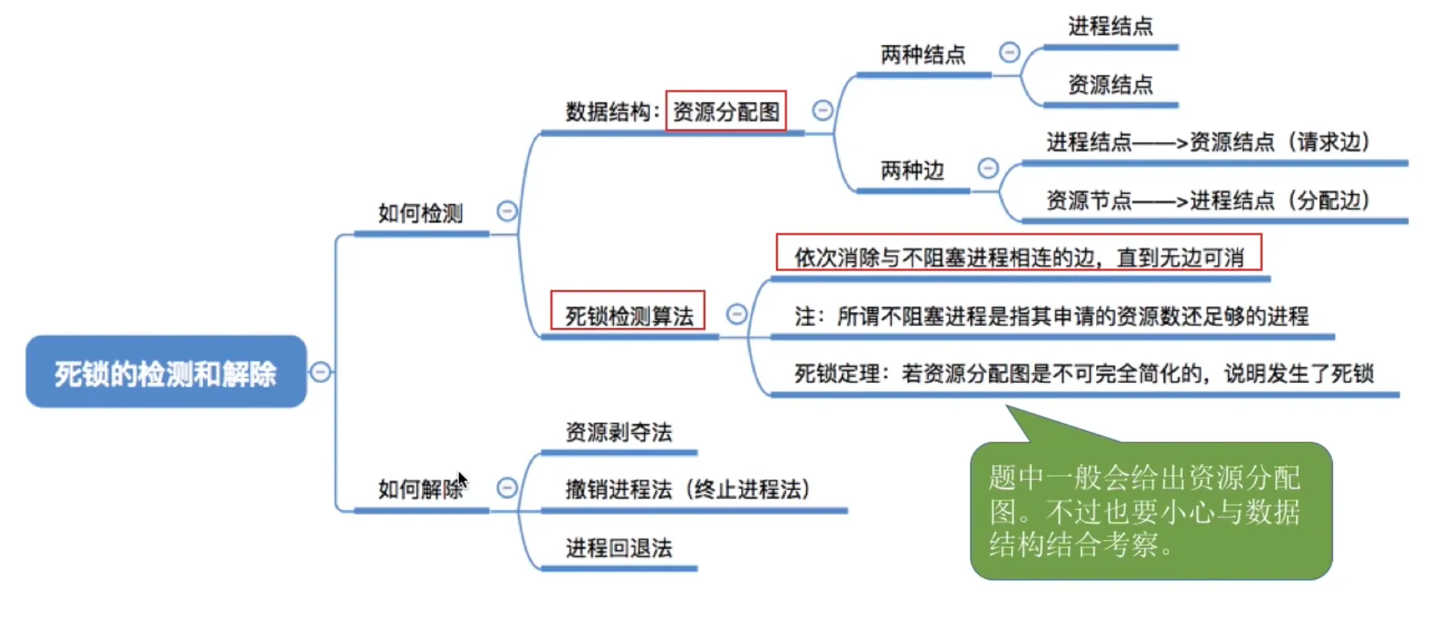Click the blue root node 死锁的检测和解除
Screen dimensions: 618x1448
pos(165,372)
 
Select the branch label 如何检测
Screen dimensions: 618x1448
pos(420,213)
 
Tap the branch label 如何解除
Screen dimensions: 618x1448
pos(420,489)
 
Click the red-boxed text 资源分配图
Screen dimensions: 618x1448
pos(726,111)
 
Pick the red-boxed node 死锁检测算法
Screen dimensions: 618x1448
pos(628,315)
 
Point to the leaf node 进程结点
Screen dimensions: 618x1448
pos(1110,26)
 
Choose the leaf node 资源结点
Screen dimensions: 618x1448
pos(1110,84)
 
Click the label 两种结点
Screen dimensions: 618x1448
pos(922,55)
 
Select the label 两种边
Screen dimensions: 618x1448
pos(912,170)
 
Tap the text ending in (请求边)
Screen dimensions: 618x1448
pos(1208,142)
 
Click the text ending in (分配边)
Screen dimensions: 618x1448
pos(1208,200)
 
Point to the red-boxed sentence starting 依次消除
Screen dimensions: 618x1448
pos(1018,257)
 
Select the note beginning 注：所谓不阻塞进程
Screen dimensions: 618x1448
pos(1051,316)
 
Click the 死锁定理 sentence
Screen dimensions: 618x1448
pos(1083,373)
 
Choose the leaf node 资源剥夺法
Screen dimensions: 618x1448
pos(618,432)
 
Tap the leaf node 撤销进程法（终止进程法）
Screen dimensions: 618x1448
pos(688,489)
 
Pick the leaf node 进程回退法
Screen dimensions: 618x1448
pos(618,547)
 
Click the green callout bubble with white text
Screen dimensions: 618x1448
pos(1150,510)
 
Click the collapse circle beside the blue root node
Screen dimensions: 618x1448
pos(320,372)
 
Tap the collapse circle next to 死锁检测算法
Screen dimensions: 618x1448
pos(736,315)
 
